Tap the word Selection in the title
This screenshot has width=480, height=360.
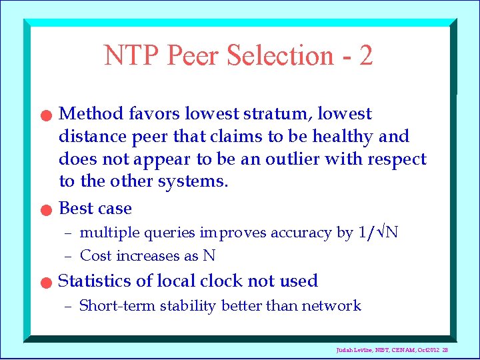[x=279, y=56]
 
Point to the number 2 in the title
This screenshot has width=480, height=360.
[x=365, y=56]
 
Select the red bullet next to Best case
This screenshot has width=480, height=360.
[x=44, y=210]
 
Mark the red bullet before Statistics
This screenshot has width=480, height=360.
[x=44, y=283]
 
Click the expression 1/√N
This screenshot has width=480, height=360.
[x=378, y=233]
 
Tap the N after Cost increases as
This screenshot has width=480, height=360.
[x=209, y=256]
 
